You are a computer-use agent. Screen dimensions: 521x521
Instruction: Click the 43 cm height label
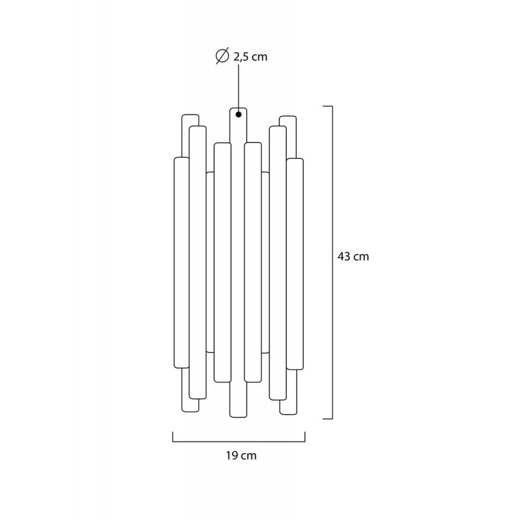click(353, 257)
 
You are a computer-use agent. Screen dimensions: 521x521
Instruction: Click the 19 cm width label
click(241, 455)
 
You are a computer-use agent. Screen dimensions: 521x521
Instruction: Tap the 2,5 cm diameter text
click(250, 57)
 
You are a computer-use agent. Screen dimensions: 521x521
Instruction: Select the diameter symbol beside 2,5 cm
click(222, 56)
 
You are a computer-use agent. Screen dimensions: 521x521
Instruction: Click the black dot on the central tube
click(238, 115)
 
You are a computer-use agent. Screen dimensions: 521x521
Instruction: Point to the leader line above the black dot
click(238, 89)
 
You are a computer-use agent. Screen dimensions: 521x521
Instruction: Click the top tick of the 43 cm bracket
click(328, 106)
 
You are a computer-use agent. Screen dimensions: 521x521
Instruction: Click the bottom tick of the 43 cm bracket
click(328, 419)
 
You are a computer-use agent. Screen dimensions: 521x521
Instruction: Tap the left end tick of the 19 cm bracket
click(173, 436)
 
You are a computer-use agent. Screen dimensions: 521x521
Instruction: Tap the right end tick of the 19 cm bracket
click(305, 436)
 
